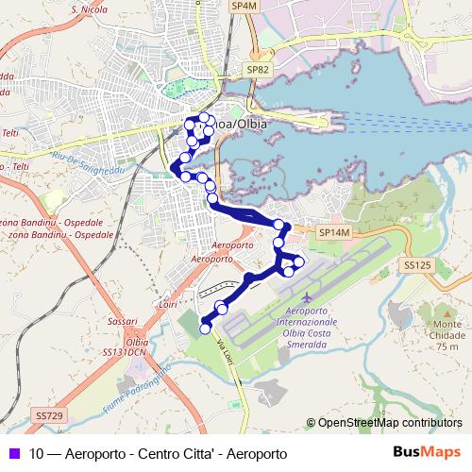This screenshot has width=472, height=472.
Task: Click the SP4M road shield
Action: click(x=244, y=6)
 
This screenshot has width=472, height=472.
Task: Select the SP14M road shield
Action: click(x=334, y=231)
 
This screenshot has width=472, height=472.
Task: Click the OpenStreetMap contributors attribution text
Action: click(x=389, y=423)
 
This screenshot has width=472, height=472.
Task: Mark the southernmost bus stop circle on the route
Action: click(x=206, y=329)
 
